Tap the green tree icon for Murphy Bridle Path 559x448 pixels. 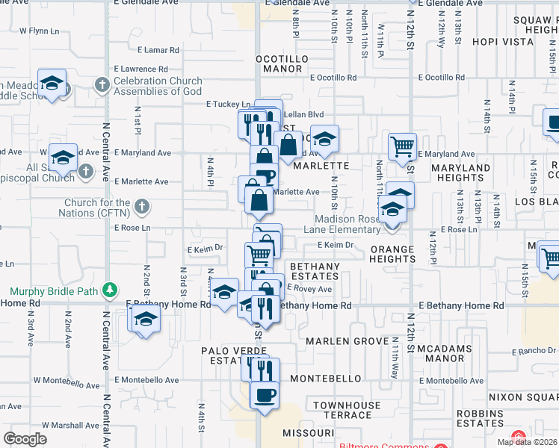click(x=110, y=289)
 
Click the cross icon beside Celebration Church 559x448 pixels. click(x=102, y=85)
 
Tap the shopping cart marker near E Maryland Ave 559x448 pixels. click(x=403, y=146)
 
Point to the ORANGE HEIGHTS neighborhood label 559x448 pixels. click(x=392, y=254)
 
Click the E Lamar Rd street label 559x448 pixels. click(x=158, y=50)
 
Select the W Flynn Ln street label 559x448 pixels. click(x=40, y=31)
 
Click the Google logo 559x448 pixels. click(x=25, y=439)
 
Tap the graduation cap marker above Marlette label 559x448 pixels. click(x=324, y=139)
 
